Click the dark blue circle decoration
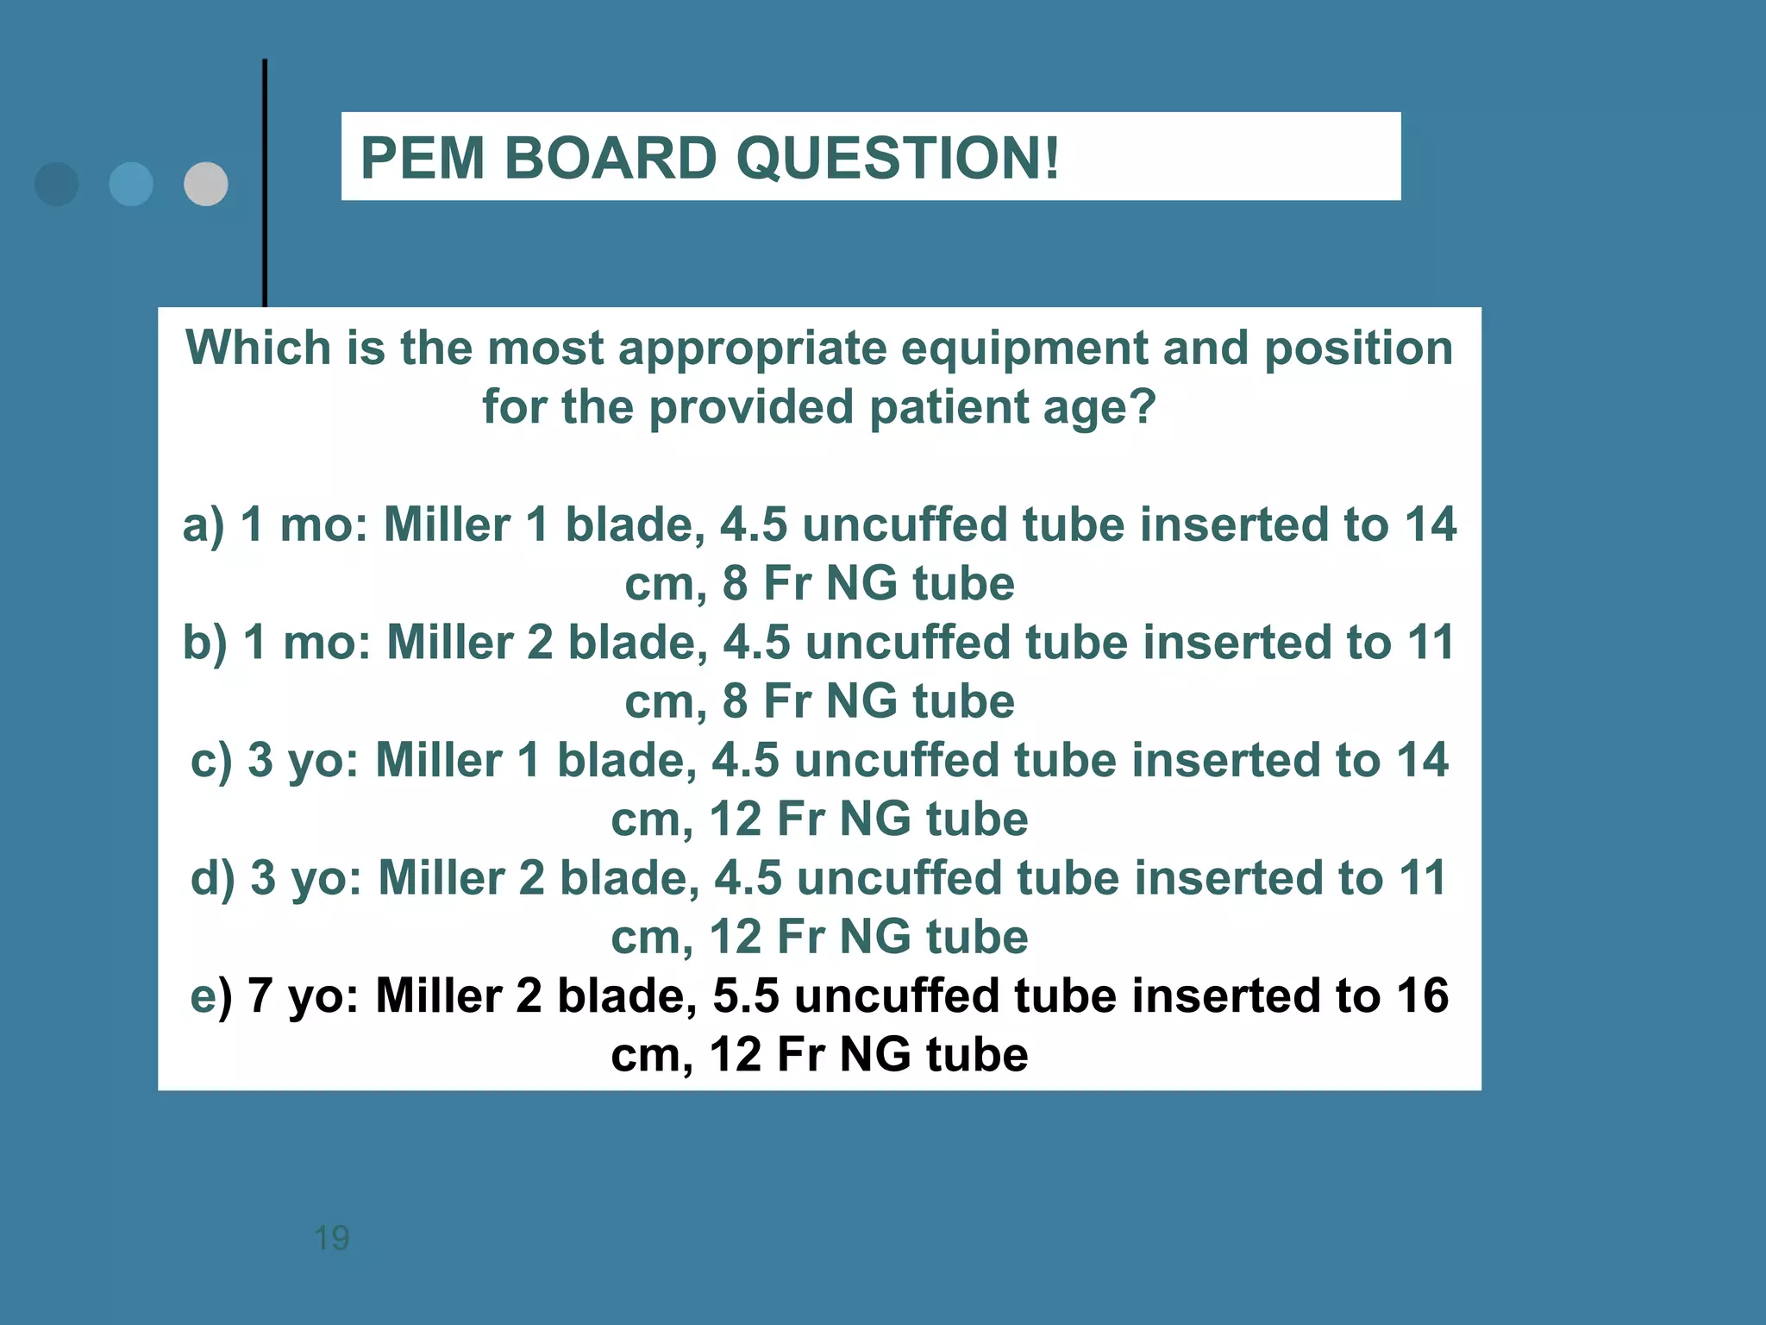click(x=57, y=184)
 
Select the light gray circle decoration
click(x=206, y=184)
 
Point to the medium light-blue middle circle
click(x=131, y=184)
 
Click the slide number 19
click(x=331, y=1238)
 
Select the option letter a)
click(x=204, y=524)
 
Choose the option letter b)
click(x=205, y=643)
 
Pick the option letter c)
click(x=211, y=761)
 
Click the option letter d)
click(x=213, y=878)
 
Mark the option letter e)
click(x=211, y=996)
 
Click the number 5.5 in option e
click(x=746, y=995)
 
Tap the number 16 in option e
click(x=1422, y=995)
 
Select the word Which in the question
click(x=259, y=348)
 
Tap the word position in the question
click(x=1358, y=348)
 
